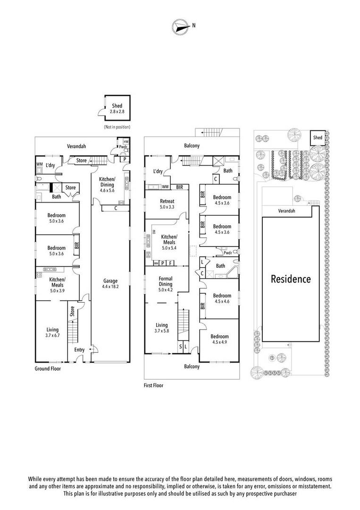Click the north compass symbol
pyautogui.click(x=180, y=25)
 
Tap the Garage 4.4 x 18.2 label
pyautogui.click(x=110, y=284)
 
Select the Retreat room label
pyautogui.click(x=167, y=201)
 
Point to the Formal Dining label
pyautogui.click(x=166, y=281)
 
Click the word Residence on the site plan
pyautogui.click(x=291, y=279)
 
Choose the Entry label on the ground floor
pyautogui.click(x=79, y=349)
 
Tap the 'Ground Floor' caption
pyautogui.click(x=48, y=368)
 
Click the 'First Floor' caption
pyautogui.click(x=153, y=385)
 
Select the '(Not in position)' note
pyautogui.click(x=117, y=127)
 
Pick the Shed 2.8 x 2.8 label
pyautogui.click(x=117, y=108)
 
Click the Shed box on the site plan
pyautogui.click(x=318, y=137)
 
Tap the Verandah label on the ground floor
pyautogui.click(x=76, y=146)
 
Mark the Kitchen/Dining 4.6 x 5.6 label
pyautogui.click(x=107, y=185)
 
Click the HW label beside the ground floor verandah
pyautogui.click(x=126, y=142)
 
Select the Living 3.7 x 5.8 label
pyautogui.click(x=161, y=328)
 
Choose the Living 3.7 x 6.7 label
pyautogui.click(x=52, y=332)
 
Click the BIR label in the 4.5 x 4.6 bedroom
pyautogui.click(x=203, y=306)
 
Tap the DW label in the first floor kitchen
pyautogui.click(x=154, y=232)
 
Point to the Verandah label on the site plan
pyautogui.click(x=286, y=211)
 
